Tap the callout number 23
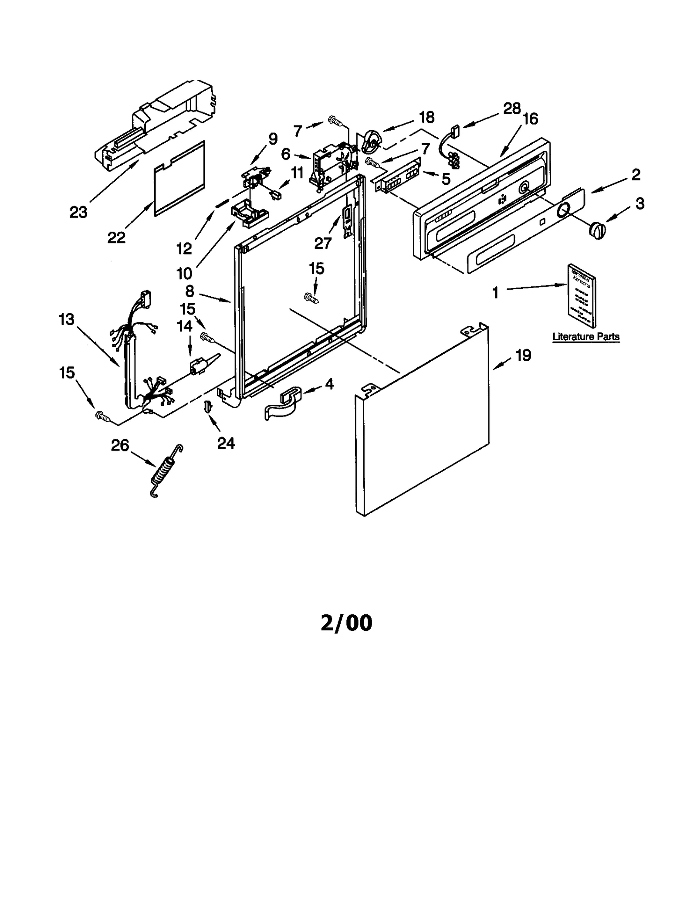coord(78,212)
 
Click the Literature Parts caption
coord(585,336)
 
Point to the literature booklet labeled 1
coord(582,295)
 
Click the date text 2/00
coord(346,623)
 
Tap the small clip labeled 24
coord(208,407)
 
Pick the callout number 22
coord(116,237)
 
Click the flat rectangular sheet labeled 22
coord(179,179)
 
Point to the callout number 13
coord(67,319)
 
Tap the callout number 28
coord(511,108)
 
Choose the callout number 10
coord(184,274)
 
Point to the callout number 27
coord(323,243)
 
